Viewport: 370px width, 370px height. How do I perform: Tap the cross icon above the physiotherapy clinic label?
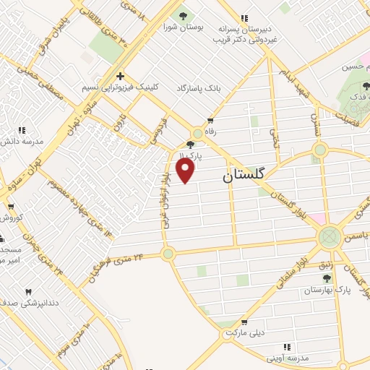pos(121,76)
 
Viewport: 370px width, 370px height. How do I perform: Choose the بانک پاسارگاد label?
pos(198,87)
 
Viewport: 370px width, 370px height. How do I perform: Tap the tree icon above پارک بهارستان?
pos(326,277)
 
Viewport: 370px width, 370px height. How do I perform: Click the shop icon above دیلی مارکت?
pos(244,322)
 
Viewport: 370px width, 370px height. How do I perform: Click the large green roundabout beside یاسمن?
pos(330,236)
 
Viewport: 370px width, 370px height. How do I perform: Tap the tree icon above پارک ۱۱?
pos(190,145)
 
